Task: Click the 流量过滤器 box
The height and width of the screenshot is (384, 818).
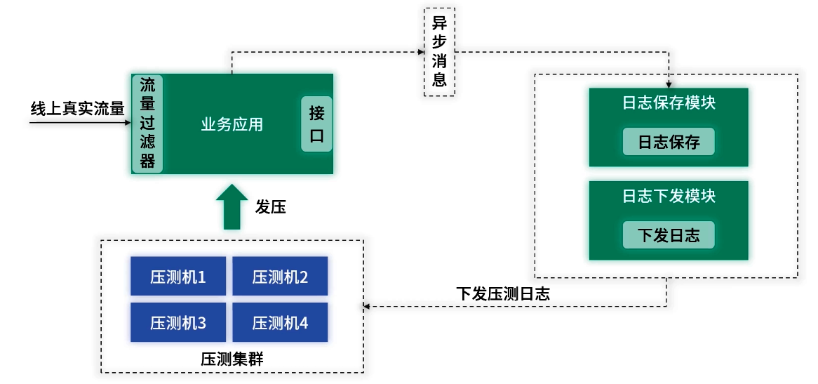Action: point(147,124)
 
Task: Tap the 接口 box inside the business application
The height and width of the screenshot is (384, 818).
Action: point(317,124)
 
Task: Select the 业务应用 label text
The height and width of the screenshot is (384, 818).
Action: point(232,124)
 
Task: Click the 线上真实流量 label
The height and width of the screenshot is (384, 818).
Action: point(77,109)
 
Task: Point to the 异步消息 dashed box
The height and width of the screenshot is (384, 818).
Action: point(440,52)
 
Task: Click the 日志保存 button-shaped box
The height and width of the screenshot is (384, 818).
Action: point(669,142)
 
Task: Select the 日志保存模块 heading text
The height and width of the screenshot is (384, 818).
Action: point(669,102)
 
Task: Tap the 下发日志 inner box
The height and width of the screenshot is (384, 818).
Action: point(669,234)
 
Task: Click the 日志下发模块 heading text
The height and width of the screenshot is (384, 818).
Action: point(669,195)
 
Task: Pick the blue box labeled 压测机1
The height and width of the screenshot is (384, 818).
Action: point(178,277)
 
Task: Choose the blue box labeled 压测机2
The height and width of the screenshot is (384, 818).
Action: point(280,277)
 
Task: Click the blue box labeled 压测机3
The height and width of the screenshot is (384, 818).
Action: point(178,323)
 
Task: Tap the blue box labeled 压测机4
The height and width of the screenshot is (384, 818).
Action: point(280,323)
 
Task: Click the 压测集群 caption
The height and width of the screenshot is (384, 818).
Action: point(232,359)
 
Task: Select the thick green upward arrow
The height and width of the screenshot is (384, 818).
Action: point(232,206)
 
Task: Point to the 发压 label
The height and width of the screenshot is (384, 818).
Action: point(271,207)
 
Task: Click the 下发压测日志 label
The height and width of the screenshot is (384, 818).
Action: point(503,293)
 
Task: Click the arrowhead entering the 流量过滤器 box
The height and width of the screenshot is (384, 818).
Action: point(127,123)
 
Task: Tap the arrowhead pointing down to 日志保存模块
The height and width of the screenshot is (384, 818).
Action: point(669,84)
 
